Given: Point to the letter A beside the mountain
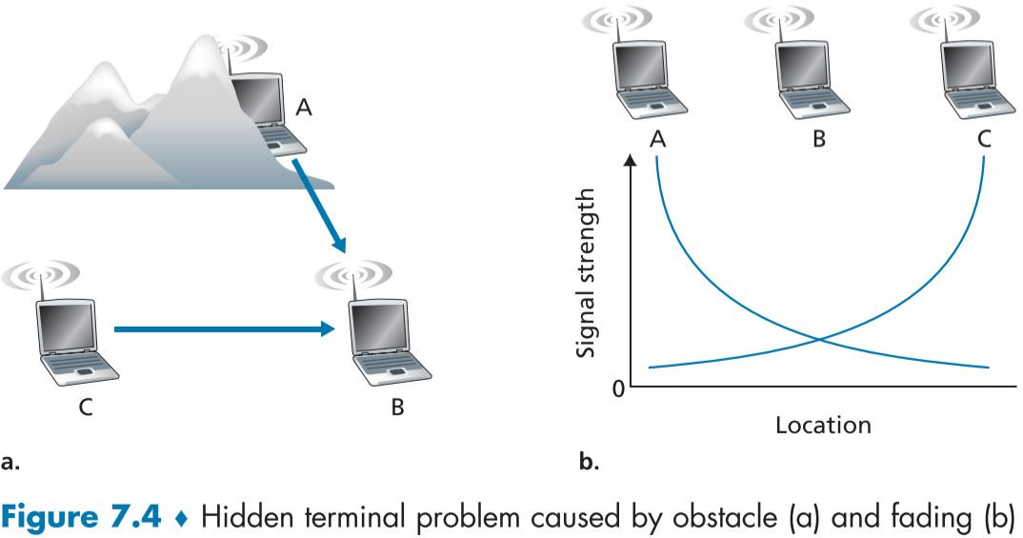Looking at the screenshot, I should tap(303, 109).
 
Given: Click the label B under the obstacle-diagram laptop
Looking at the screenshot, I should tap(397, 408).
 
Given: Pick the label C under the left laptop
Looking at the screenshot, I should tap(86, 408).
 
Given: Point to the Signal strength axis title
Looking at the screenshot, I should tap(589, 272).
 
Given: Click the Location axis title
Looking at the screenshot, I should tap(823, 425).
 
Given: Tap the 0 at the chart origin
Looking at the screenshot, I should tap(617, 389).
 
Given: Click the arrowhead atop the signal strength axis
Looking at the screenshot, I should tap(630, 162).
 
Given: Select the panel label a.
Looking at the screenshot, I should tap(10, 464).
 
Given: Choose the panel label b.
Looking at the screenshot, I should tap(589, 464).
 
